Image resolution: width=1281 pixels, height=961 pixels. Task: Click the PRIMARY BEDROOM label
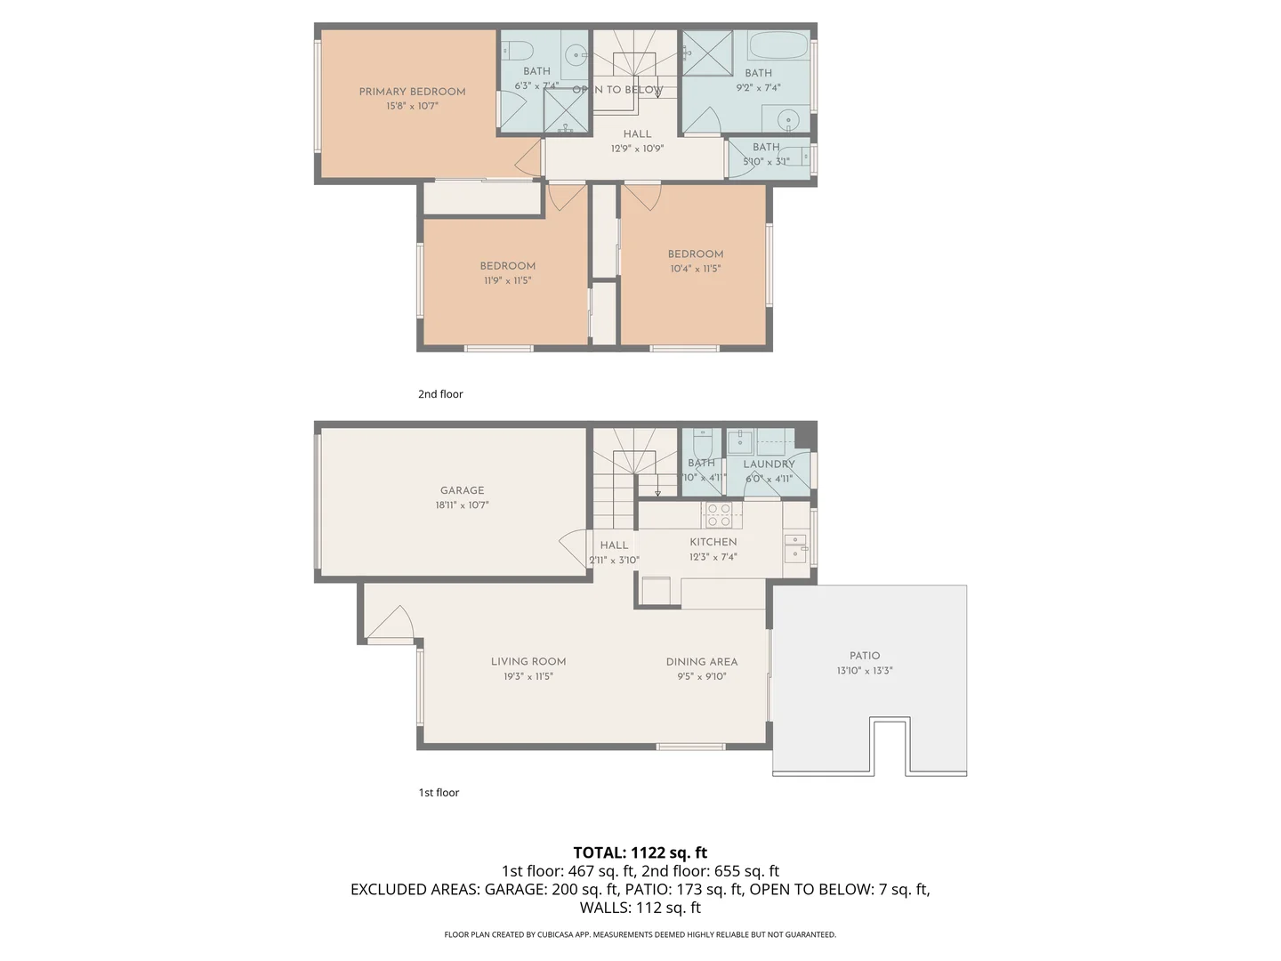412,92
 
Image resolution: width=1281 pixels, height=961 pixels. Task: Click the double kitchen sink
794,547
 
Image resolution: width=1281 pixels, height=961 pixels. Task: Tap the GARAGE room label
462,490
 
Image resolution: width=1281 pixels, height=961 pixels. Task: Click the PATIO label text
864,656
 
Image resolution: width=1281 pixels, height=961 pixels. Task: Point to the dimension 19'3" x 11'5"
528,676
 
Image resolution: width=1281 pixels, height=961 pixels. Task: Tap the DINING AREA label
701,662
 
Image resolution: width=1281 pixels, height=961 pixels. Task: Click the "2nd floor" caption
440,394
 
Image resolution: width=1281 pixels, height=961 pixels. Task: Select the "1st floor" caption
439,793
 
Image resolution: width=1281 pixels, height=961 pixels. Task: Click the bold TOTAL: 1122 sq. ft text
640,852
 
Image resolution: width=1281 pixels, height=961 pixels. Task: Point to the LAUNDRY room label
769,464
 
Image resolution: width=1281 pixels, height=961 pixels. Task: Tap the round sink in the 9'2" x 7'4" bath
788,119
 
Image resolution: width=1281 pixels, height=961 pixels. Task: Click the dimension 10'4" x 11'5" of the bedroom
696,269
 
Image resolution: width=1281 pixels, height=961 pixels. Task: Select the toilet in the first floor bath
702,442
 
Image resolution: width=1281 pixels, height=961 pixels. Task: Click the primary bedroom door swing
529,157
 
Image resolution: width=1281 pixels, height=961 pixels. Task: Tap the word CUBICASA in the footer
557,934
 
